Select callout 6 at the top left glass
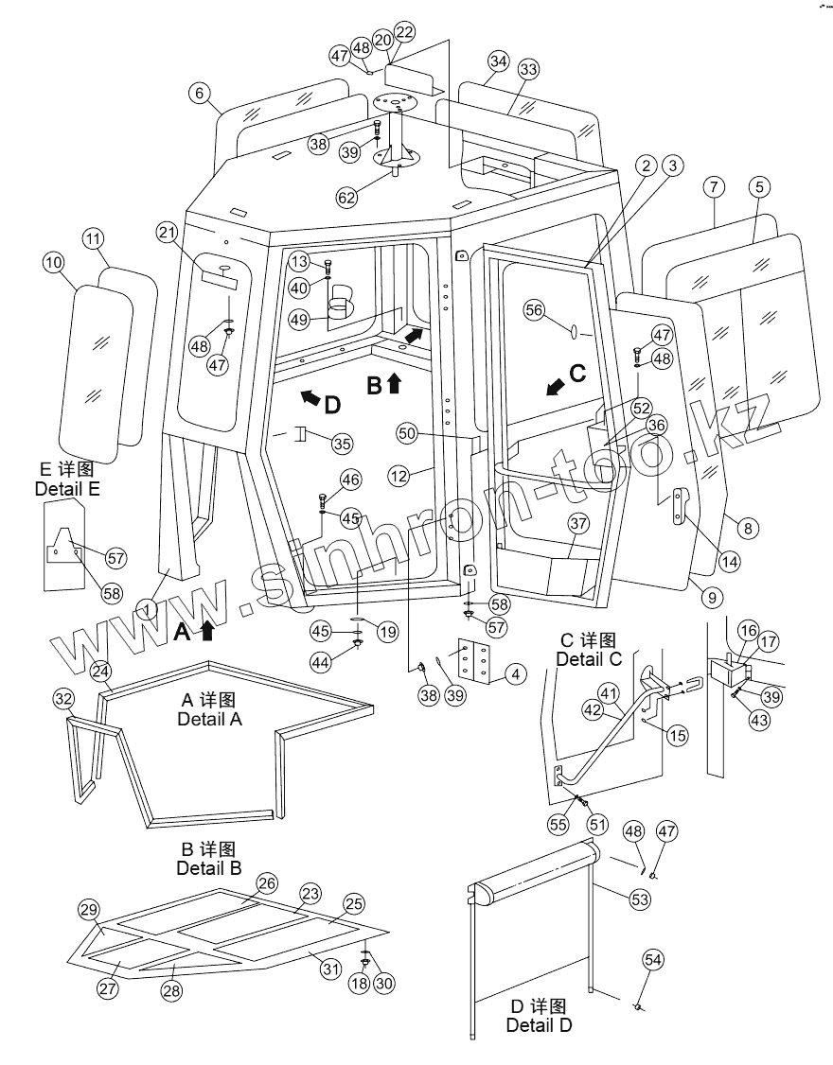tap(198, 93)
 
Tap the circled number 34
tap(499, 61)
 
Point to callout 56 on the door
tap(534, 309)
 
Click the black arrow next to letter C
tap(558, 383)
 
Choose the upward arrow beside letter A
tap(207, 630)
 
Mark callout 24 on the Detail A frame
tap(101, 670)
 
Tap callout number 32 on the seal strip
tap(63, 699)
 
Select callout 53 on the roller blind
tap(641, 899)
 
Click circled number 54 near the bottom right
tap(653, 960)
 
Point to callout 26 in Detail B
tap(266, 883)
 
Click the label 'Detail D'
tap(539, 1024)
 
